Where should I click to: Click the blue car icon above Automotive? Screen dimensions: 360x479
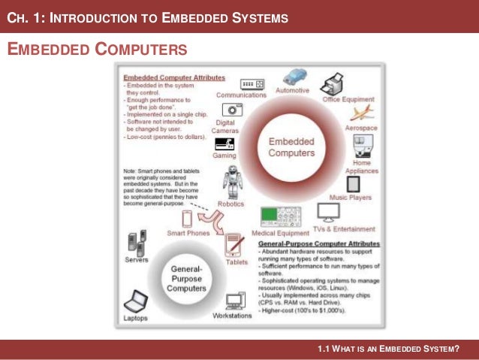point(295,77)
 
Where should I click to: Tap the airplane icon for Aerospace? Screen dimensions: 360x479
point(361,112)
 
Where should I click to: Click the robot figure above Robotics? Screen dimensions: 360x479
point(230,181)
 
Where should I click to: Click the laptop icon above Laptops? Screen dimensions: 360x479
point(136,301)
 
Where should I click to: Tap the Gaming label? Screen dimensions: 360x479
point(224,156)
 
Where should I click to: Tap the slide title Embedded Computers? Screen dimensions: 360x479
point(97,50)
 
